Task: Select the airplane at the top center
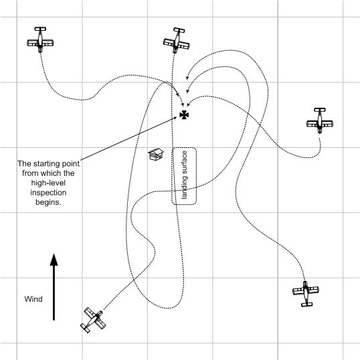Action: point(176,40)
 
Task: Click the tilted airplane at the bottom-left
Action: point(93,320)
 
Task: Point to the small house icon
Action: point(157,155)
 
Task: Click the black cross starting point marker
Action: point(184,115)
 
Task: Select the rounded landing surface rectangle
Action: point(185,175)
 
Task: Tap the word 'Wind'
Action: point(33,298)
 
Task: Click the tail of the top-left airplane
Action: point(41,29)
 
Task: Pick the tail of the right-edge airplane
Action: point(320,110)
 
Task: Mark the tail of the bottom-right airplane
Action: point(306,304)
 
